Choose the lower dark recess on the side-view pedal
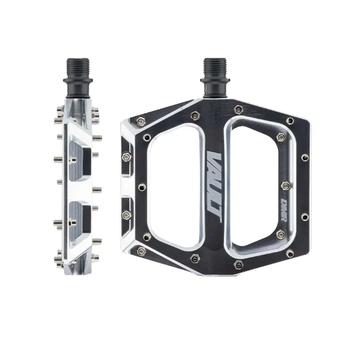81,213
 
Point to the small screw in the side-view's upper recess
72,158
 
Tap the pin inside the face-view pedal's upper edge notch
126,156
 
